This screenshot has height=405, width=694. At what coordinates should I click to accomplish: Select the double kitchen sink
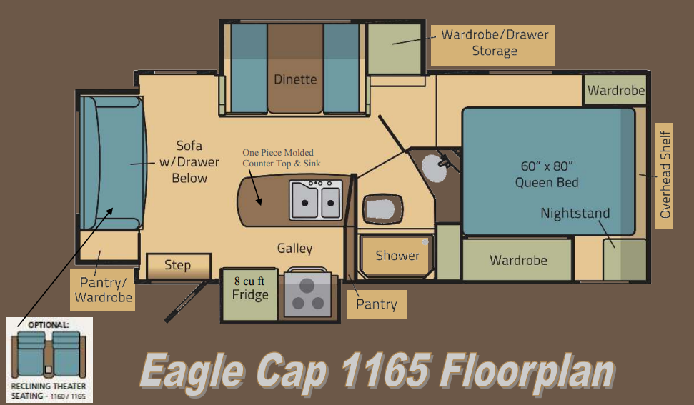[315, 199]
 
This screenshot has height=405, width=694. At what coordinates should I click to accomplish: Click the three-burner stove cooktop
[307, 294]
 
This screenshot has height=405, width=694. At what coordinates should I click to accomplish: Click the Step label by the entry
[178, 266]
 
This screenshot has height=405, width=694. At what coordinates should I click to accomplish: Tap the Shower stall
[397, 256]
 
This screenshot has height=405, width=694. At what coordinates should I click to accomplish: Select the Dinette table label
[295, 79]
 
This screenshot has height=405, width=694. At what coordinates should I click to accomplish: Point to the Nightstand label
[575, 213]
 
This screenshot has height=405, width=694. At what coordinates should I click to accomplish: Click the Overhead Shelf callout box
[665, 174]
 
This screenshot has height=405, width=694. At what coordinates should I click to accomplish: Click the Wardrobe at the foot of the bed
[518, 260]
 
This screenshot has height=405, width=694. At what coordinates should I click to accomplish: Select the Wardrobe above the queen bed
[616, 91]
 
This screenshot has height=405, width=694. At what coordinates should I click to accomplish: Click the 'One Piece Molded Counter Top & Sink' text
[282, 158]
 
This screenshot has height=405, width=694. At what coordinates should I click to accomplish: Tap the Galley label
[295, 249]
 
